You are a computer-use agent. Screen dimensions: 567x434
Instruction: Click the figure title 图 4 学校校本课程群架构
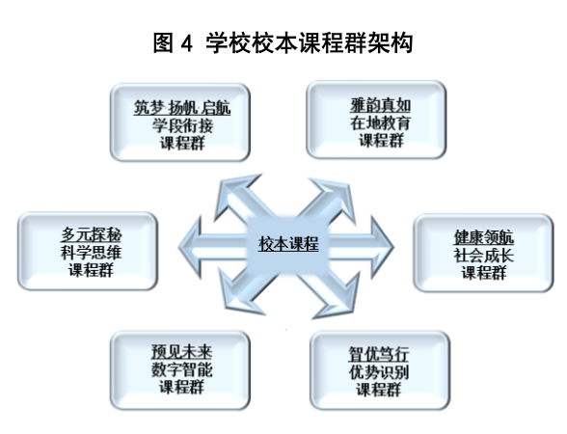(283, 43)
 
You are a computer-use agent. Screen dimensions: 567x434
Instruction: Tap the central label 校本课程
(288, 243)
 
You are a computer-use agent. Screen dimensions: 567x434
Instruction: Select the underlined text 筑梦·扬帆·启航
(182, 108)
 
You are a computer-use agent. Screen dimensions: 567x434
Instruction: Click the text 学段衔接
(182, 125)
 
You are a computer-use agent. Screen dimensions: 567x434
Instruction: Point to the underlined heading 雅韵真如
(380, 106)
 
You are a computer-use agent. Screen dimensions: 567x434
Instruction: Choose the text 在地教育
(380, 123)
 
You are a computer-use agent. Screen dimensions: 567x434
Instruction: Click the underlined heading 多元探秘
(91, 234)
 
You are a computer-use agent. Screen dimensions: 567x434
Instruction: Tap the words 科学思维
(91, 253)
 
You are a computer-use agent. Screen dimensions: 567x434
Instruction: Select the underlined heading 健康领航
(484, 237)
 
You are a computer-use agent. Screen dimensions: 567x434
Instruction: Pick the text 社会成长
(484, 255)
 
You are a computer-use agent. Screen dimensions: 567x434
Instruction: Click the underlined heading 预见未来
(181, 352)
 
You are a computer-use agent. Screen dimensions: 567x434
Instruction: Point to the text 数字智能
(181, 369)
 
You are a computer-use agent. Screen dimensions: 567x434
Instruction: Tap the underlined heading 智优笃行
(379, 354)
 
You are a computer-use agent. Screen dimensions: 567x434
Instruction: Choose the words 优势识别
(379, 372)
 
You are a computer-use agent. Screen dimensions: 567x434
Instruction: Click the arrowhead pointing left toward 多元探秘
(190, 247)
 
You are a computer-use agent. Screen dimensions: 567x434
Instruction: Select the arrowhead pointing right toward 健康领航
(382, 247)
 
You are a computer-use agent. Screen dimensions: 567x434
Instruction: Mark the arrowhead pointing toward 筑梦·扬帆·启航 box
(235, 194)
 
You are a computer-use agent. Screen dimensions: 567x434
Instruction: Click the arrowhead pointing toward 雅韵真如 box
(335, 197)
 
